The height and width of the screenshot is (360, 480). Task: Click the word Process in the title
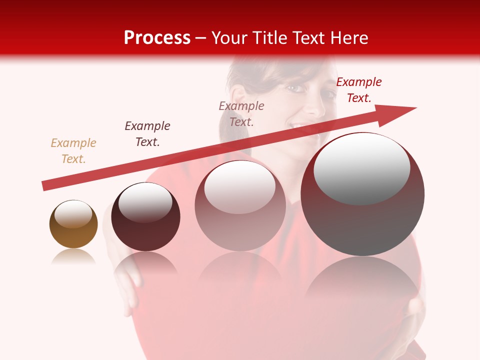tap(157, 38)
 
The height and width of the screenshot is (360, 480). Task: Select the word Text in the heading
tap(308, 38)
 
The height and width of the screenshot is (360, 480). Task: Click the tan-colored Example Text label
tap(73, 151)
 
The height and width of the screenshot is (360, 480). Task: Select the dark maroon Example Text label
tap(147, 134)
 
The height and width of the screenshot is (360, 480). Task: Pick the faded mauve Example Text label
tap(241, 114)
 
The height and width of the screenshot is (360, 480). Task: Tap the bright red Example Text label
tap(358, 90)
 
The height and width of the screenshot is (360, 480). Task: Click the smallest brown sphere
tap(73, 230)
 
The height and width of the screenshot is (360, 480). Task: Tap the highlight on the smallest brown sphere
tap(73, 214)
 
